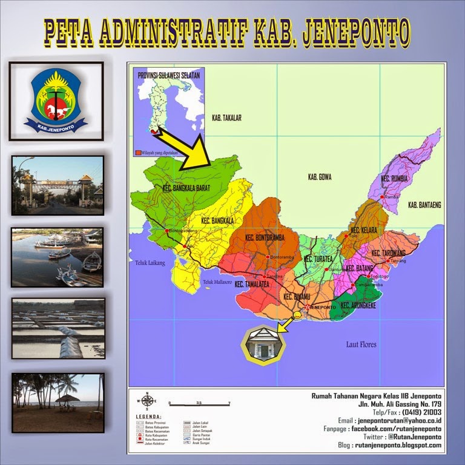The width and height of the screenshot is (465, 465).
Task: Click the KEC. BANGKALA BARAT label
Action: pos(186,189)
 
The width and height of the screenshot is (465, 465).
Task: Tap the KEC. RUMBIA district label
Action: pos(395,179)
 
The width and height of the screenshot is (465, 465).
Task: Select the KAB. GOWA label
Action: pos(321,177)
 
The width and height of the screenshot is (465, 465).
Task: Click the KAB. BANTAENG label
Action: pos(424,205)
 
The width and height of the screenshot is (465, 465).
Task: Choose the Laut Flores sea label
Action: pos(361,345)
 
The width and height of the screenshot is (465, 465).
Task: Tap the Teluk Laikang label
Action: pos(150,263)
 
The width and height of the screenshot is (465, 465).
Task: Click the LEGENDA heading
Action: pos(150,417)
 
